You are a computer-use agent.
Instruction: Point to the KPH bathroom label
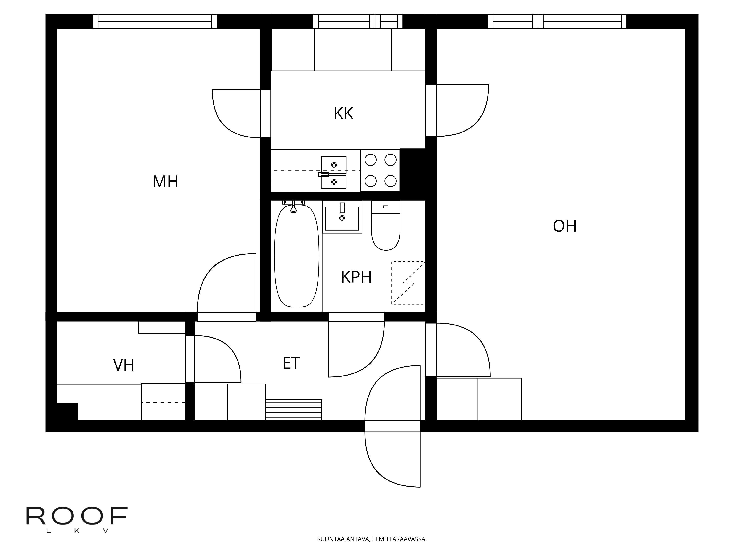[356, 277]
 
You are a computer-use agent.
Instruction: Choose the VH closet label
[124, 365]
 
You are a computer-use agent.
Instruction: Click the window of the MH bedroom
[155, 21]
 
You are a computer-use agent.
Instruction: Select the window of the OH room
[557, 21]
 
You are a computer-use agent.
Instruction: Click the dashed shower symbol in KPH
[408, 283]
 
